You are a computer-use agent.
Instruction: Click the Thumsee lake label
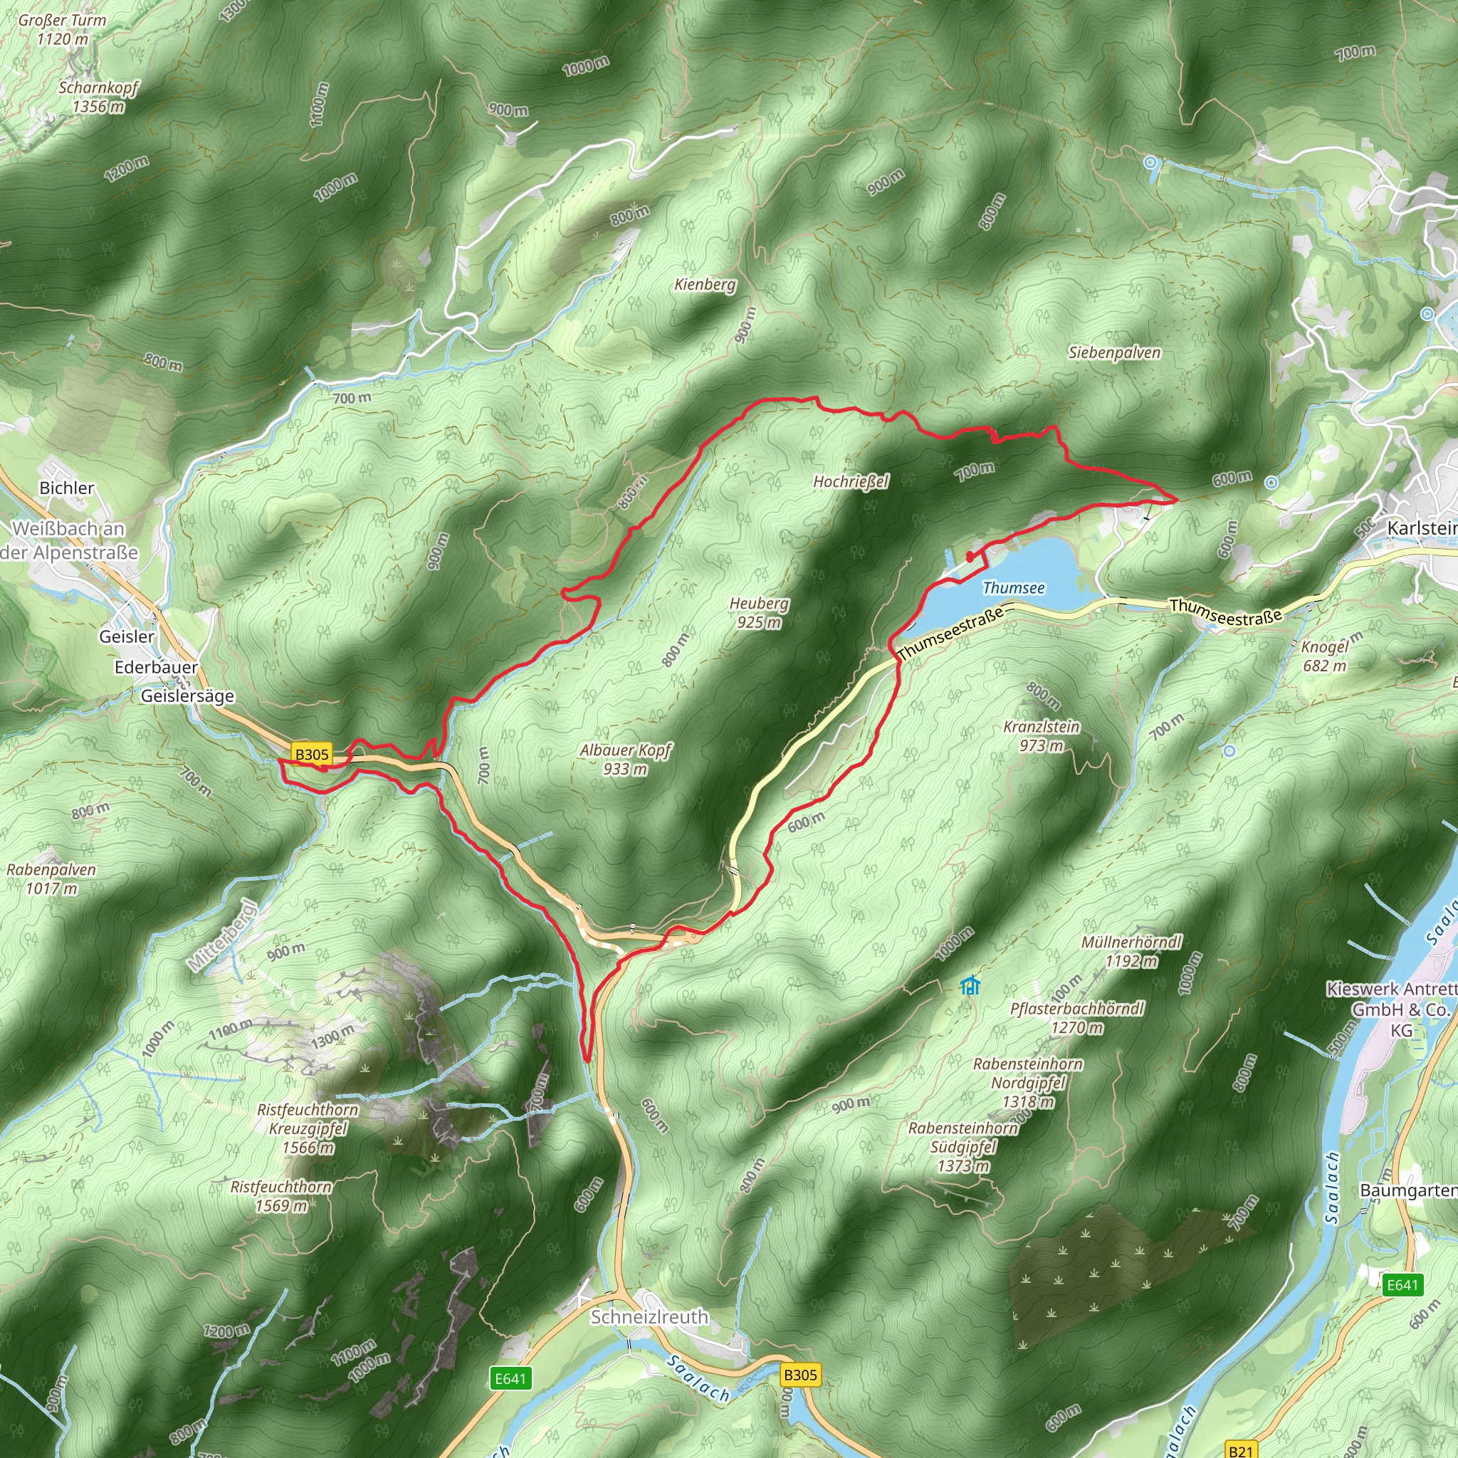(x=1014, y=588)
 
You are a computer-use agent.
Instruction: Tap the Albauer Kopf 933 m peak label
(x=625, y=759)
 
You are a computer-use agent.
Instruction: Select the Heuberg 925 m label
(x=759, y=613)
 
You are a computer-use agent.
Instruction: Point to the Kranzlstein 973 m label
(x=1042, y=736)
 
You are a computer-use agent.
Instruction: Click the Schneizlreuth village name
(x=649, y=1317)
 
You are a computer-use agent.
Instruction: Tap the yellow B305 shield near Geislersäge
(x=312, y=754)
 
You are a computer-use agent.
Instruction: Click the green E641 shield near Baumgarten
(x=1402, y=1284)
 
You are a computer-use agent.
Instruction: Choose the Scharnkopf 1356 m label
(x=99, y=97)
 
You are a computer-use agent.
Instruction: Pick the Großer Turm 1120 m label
(x=62, y=29)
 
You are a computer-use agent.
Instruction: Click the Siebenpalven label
(x=1114, y=352)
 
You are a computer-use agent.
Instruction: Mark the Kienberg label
(x=705, y=285)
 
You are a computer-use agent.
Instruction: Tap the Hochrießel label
(x=851, y=481)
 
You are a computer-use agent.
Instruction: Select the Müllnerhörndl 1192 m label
(x=1131, y=951)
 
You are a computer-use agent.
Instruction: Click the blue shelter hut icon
(x=970, y=985)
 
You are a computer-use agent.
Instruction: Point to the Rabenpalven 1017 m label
(x=51, y=879)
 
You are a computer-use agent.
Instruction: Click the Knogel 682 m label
(x=1324, y=656)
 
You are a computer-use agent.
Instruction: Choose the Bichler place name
(x=66, y=488)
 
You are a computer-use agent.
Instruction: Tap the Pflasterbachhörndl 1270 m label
(x=1077, y=1017)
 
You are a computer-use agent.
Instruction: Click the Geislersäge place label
(x=187, y=696)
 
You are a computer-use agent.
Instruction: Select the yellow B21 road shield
(x=1241, y=1449)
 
